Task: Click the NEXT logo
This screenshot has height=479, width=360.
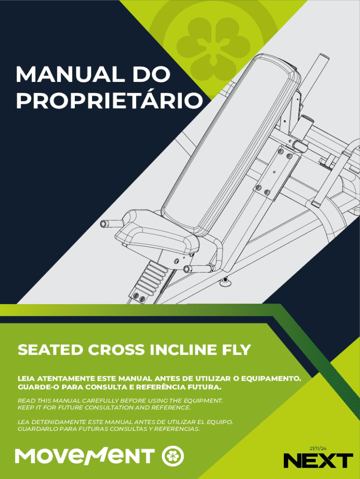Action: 318,460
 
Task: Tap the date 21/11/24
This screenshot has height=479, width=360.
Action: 318,449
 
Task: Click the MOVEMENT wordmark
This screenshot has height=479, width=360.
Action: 85,456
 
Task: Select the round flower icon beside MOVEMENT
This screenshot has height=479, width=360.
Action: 173,457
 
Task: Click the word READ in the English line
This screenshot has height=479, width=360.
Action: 27,400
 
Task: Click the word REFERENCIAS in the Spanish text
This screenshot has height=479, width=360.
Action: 177,429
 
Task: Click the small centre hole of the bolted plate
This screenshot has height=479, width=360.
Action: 274,172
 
